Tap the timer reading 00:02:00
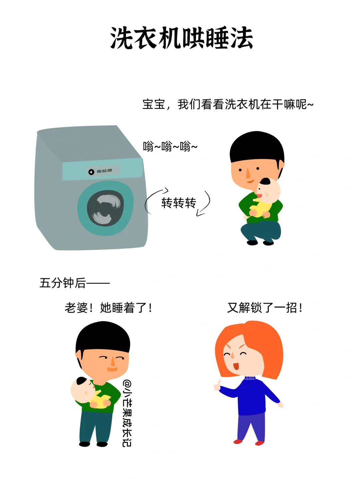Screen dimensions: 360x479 tap(104, 171)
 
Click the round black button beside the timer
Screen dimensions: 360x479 tap(91, 172)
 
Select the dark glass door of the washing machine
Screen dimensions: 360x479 tap(105, 208)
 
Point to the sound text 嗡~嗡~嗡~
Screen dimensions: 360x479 tap(170, 146)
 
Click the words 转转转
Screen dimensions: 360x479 tap(179, 203)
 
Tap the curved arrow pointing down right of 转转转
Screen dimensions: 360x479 tap(204, 203)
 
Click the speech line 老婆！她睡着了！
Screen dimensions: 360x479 tap(108, 308)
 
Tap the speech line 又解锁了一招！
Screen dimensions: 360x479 tap(265, 308)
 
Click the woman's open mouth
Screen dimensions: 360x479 tap(236, 366)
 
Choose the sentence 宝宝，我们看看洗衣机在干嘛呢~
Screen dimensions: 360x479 tap(228, 104)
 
